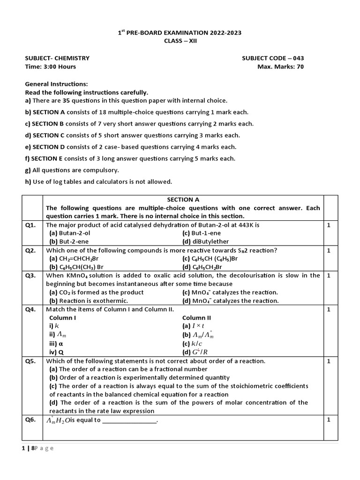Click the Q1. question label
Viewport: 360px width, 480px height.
[30, 225]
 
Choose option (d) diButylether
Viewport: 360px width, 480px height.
[204, 242]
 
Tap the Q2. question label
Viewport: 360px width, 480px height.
[30, 250]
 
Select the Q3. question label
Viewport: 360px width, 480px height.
[30, 276]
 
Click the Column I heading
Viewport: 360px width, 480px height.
[63, 318]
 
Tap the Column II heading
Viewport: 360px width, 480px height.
[196, 318]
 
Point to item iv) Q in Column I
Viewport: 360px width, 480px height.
[57, 352]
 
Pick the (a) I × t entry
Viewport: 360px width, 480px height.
[194, 326]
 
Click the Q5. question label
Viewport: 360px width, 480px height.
[30, 361]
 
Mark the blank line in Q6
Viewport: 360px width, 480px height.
[129, 420]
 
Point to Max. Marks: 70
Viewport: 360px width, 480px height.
[280, 67]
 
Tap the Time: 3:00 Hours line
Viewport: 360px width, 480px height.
[50, 67]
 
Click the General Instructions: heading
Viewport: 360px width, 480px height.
[56, 83]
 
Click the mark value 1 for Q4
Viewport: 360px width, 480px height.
[329, 309]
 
